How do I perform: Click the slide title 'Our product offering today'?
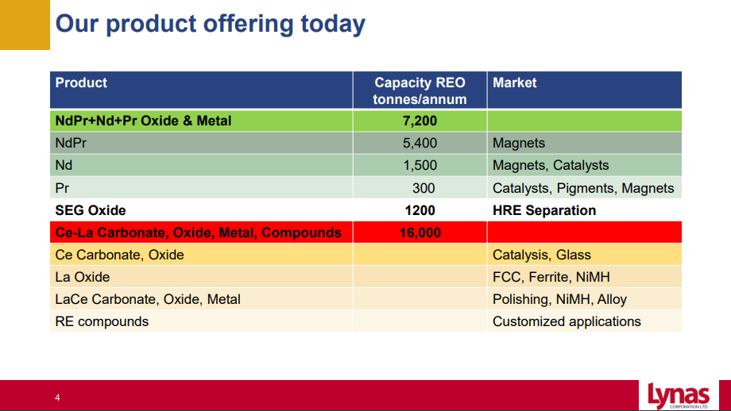click(211, 25)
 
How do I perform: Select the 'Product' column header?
click(81, 83)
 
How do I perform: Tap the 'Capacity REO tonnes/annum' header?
click(420, 90)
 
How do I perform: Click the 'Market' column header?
click(514, 83)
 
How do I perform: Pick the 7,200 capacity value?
click(420, 121)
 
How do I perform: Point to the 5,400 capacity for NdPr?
click(420, 143)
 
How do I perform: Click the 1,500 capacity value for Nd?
click(420, 165)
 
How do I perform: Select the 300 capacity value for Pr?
click(424, 188)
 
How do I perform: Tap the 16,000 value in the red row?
click(420, 232)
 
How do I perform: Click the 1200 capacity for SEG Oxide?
click(420, 210)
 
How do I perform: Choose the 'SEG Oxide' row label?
click(91, 210)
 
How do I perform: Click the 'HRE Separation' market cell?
click(544, 210)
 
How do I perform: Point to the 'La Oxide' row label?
click(83, 277)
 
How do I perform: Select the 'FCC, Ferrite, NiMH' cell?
click(551, 277)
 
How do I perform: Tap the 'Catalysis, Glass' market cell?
click(542, 255)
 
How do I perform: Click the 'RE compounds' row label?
click(102, 321)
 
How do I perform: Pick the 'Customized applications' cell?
click(567, 321)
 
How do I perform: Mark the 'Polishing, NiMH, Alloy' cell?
click(559, 299)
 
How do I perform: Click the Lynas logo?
click(679, 396)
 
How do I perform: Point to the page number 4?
click(57, 398)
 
